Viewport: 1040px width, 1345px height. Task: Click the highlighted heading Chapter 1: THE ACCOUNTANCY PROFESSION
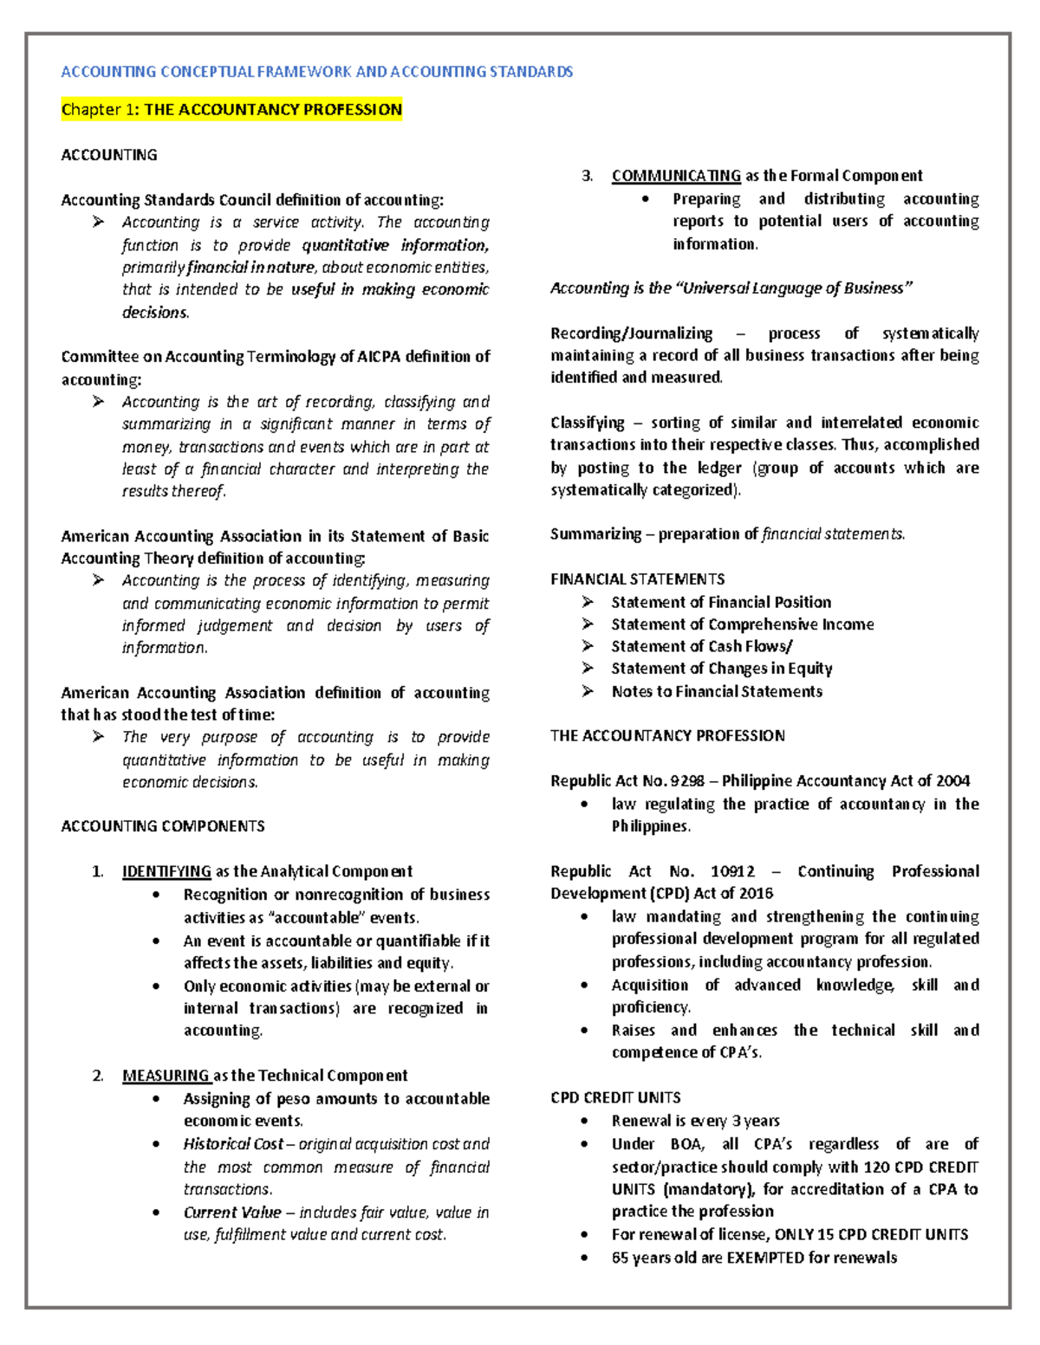click(231, 110)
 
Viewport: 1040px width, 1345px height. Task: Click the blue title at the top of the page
click(316, 72)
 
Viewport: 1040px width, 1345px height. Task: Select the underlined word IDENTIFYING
click(166, 871)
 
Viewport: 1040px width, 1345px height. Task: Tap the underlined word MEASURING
click(166, 1076)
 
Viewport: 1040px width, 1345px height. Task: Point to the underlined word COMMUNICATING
click(676, 176)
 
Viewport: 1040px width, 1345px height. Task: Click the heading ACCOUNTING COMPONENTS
click(163, 826)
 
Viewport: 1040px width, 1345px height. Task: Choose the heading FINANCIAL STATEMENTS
click(637, 579)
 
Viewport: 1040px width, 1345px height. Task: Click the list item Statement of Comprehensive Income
click(742, 624)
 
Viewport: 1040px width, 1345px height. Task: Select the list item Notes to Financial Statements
click(717, 691)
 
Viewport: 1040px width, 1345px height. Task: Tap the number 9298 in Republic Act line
click(687, 781)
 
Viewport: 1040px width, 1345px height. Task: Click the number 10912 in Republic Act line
click(732, 871)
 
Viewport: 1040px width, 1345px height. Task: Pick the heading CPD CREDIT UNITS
click(615, 1097)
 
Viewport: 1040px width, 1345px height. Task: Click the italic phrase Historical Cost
click(232, 1144)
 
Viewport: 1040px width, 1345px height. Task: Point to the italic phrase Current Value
click(232, 1212)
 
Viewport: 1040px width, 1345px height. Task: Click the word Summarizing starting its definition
click(595, 534)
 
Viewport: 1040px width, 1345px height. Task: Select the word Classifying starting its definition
click(587, 423)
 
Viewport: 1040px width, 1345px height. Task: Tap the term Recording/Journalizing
click(631, 333)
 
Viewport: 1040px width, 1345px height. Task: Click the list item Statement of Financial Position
click(721, 602)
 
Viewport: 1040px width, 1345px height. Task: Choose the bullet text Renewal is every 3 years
click(695, 1121)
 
